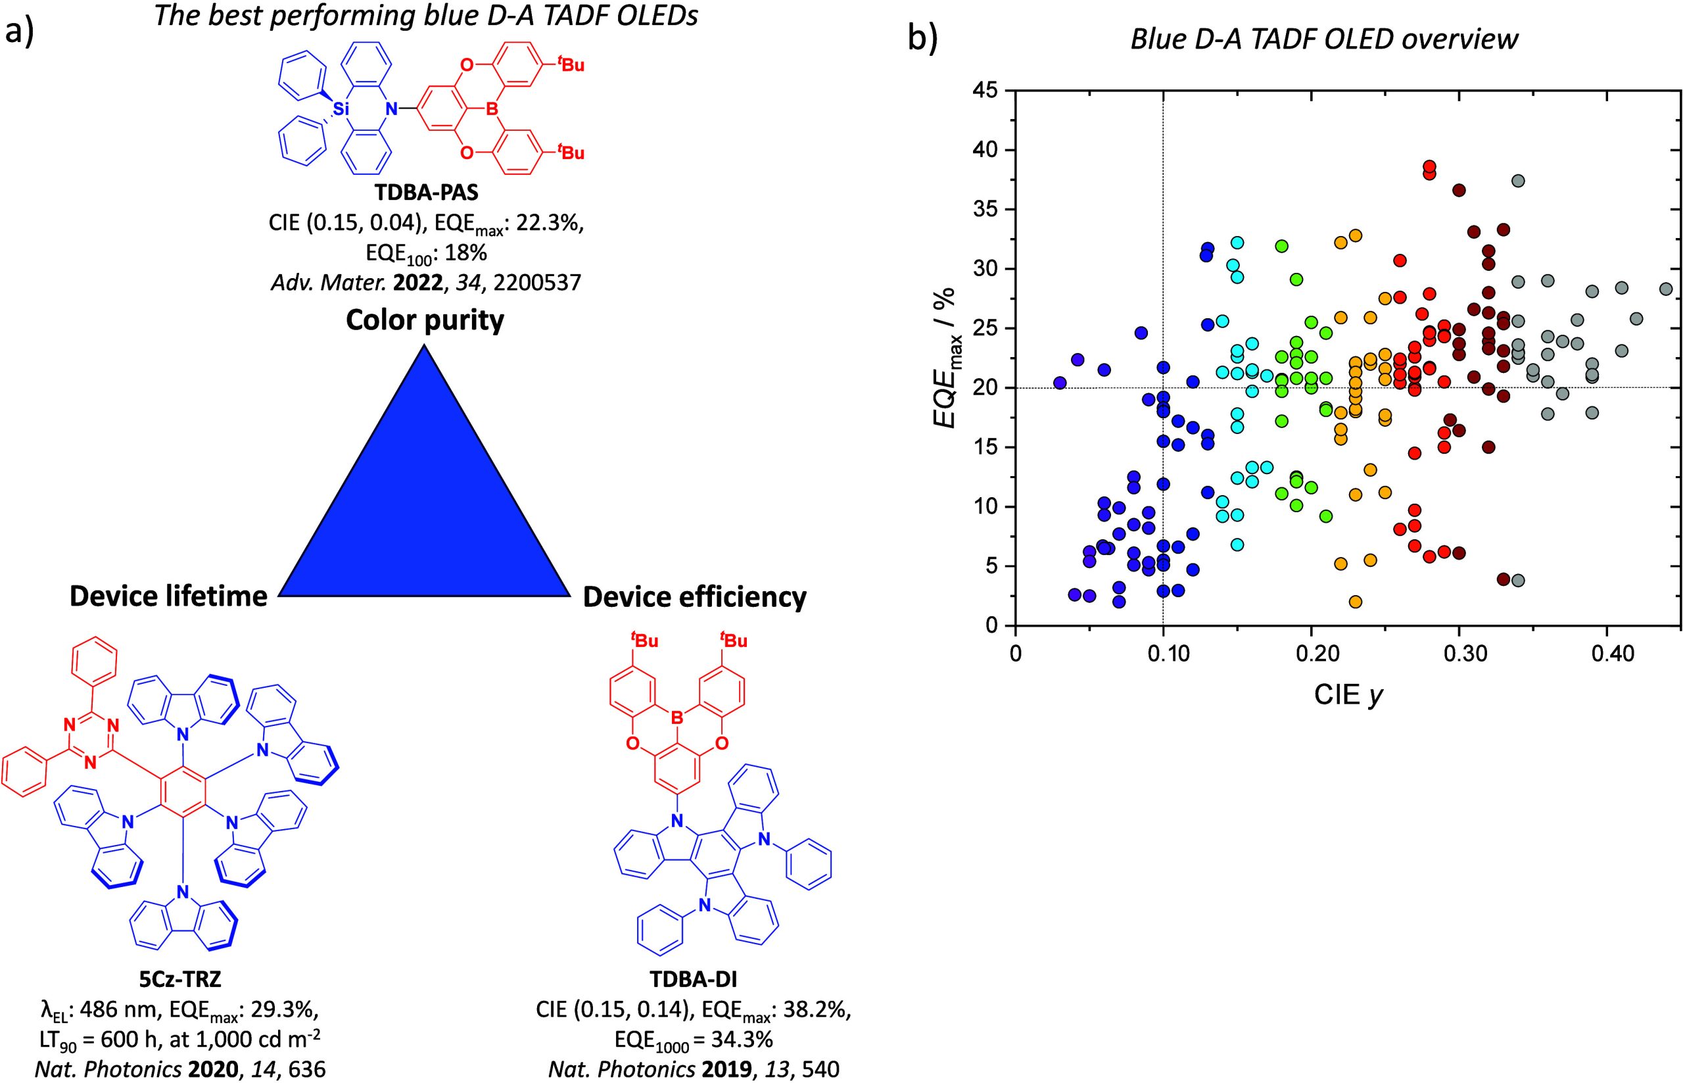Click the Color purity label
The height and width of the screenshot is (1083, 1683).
pyautogui.click(x=425, y=321)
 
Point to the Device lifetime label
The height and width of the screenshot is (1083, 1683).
pyautogui.click(x=169, y=596)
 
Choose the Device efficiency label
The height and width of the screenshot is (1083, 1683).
pyautogui.click(x=695, y=597)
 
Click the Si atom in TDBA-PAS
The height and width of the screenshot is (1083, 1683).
pyautogui.click(x=341, y=109)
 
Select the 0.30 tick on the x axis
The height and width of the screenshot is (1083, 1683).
pyautogui.click(x=1459, y=654)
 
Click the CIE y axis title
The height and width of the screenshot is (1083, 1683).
pyautogui.click(x=1348, y=695)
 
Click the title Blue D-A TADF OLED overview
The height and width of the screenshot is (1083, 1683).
pyautogui.click(x=1324, y=39)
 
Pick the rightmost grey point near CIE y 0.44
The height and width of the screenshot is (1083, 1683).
pyautogui.click(x=1665, y=289)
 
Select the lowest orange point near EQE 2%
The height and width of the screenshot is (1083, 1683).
pyautogui.click(x=1356, y=602)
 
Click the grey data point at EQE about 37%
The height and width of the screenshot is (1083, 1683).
pyautogui.click(x=1518, y=181)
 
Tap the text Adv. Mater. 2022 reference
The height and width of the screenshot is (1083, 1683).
pyautogui.click(x=425, y=283)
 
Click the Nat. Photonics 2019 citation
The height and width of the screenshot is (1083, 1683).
pyautogui.click(x=693, y=1070)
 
